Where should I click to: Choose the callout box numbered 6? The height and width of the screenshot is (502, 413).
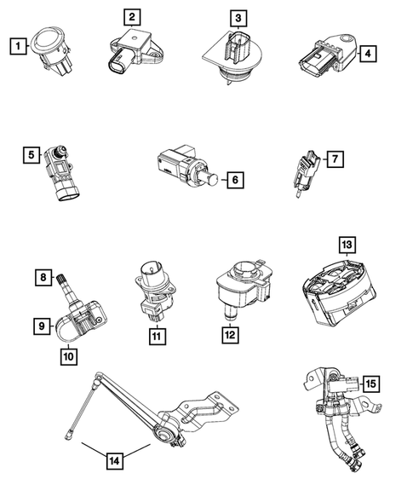pos(235,180)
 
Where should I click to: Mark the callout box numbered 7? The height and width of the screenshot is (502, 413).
pos(336,158)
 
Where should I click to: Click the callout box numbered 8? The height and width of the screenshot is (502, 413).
pos(42,276)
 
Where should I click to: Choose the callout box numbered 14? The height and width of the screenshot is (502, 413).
pos(115,461)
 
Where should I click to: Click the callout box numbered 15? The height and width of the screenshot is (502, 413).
pos(370,384)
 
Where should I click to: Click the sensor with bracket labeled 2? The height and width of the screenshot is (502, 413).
pos(135,50)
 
